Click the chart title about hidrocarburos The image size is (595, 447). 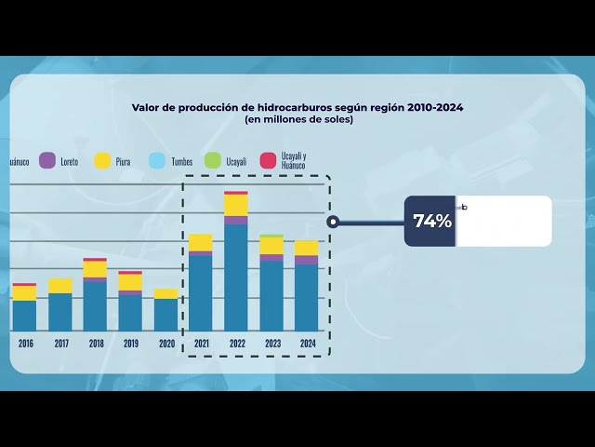pos(297,107)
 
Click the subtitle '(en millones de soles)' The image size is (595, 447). pos(298,119)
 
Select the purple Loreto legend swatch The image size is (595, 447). pos(46,160)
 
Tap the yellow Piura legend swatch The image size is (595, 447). pos(102,160)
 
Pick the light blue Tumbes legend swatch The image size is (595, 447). pos(157,160)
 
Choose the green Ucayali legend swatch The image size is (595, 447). pos(212,160)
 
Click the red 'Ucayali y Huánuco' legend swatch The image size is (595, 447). pos(268,160)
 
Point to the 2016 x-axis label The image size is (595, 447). pos(25,344)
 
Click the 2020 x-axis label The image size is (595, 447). pos(166,344)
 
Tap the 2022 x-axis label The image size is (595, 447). pos(237,344)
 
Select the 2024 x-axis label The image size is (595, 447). pos(308,344)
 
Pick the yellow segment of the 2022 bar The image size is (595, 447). pos(236,205)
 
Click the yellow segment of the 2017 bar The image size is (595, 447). pos(60,285)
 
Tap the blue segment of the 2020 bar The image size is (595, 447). pos(165,314)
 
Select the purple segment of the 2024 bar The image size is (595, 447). pos(307,260)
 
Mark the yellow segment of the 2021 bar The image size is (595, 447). pos(201,243)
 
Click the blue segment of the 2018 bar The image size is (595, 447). pos(95,305)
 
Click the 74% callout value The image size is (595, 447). pos(431,222)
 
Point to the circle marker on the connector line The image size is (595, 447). pos(333,222)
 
